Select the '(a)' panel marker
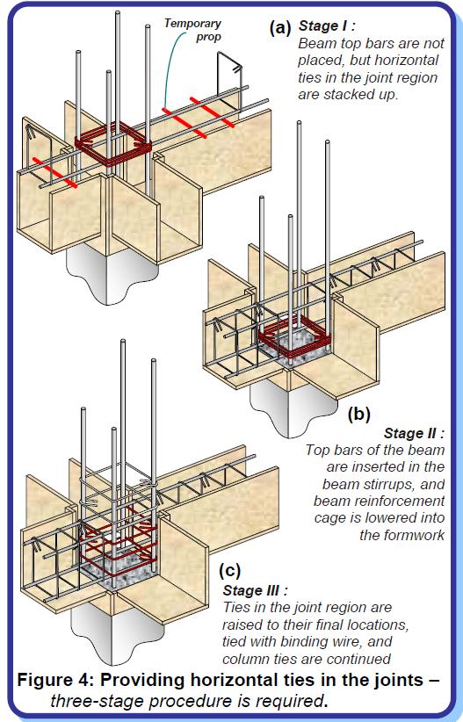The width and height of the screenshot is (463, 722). tap(282, 28)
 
